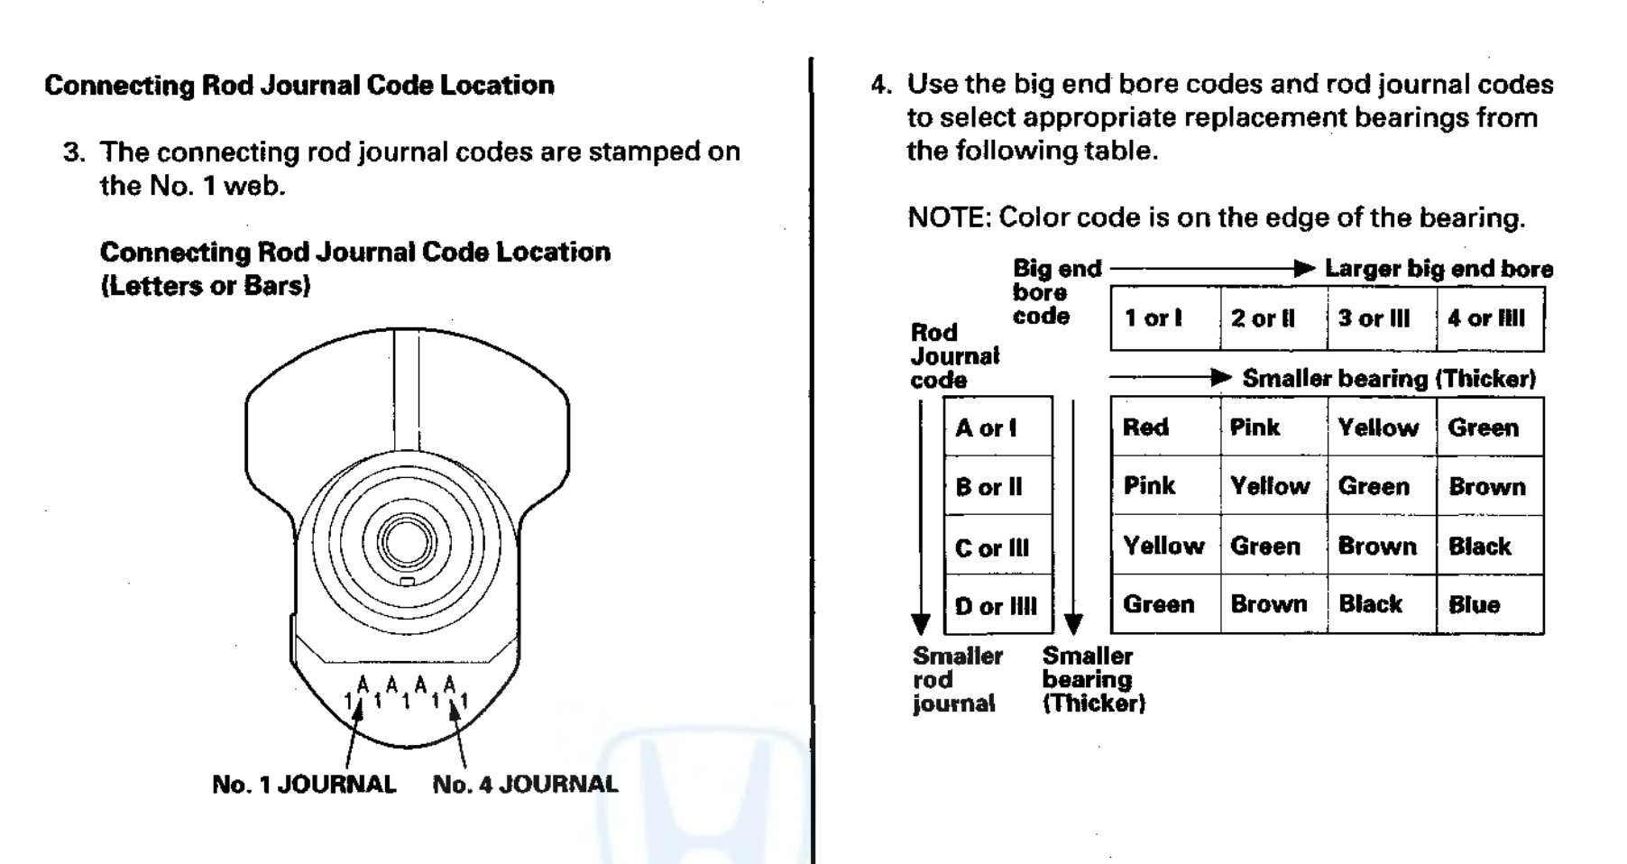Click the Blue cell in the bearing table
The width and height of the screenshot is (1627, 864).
[x=1474, y=604]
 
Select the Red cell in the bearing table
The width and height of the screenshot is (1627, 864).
[x=1145, y=427]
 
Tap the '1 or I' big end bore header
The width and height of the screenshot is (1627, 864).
[x=1154, y=318]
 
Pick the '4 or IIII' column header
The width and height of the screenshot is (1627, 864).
[x=1485, y=318]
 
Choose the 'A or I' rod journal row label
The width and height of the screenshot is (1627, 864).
[x=986, y=427]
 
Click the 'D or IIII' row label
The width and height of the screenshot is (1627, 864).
[x=996, y=606]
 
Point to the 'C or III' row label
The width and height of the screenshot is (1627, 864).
[x=991, y=547]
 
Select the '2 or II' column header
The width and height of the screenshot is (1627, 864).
[x=1263, y=318]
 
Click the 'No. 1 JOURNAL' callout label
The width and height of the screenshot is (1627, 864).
[x=304, y=785]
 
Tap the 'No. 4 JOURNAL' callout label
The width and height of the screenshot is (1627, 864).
[x=525, y=785]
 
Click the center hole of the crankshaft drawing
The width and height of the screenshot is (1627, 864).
[x=406, y=541]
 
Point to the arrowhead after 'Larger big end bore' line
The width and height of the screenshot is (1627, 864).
[x=1304, y=269]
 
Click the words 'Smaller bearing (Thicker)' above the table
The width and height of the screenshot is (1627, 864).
[x=1388, y=379]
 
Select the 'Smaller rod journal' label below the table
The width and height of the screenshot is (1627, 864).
[x=956, y=679]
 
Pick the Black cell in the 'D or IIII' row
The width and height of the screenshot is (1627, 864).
[x=1370, y=604]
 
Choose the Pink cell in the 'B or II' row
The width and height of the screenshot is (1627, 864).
[x=1149, y=486]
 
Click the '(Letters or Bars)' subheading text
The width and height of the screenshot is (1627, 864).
[x=205, y=286]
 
